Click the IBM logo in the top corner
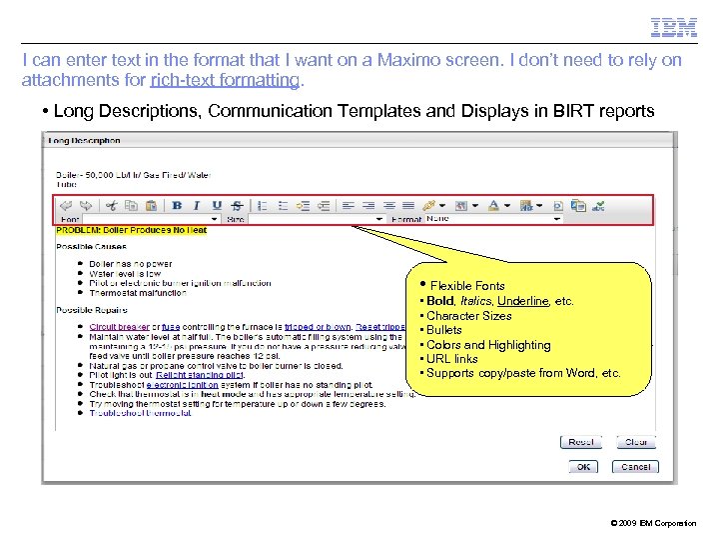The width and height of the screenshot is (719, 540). coord(674,28)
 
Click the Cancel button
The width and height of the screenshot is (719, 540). coord(636,466)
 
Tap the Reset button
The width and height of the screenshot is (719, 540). coord(580,441)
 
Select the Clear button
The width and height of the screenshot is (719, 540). coord(636,441)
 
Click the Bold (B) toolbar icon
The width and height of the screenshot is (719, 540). coord(177,205)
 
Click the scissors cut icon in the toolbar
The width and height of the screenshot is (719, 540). coord(111,205)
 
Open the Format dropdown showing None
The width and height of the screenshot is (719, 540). coord(493,218)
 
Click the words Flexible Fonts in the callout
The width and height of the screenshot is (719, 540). coord(467,286)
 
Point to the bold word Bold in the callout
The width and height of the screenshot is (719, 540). coord(440,301)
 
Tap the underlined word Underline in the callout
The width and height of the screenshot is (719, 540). coord(522,301)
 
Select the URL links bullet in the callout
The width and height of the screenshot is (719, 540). coord(451,359)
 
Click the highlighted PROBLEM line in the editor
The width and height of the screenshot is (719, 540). coord(132,230)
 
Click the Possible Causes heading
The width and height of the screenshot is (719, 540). coord(92,246)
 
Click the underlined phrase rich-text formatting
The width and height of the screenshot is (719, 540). coord(225,79)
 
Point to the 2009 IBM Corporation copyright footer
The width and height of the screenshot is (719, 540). coord(652,523)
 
